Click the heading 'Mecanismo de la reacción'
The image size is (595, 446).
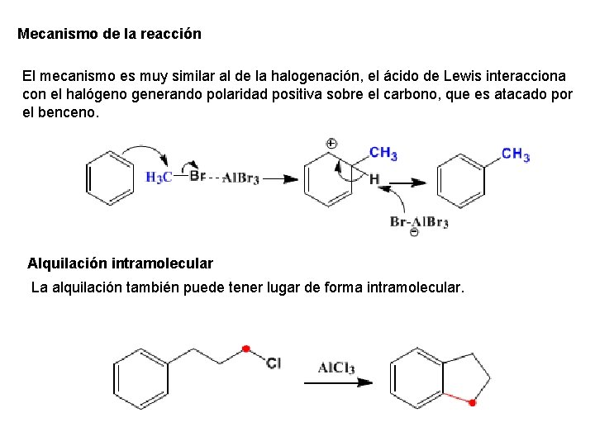109,35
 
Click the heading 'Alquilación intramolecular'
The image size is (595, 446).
120,263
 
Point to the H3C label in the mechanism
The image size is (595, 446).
159,177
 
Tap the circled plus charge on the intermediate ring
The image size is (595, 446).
331,144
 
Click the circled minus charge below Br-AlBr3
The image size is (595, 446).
414,234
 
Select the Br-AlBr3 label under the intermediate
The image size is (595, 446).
419,221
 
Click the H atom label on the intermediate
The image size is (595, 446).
374,178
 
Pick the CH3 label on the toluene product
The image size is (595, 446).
516,154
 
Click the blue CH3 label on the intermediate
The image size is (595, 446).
383,153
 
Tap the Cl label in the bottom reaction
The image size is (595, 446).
274,363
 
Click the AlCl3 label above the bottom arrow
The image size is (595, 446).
336,368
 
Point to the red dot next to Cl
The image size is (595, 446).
245,349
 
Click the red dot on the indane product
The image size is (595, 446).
472,403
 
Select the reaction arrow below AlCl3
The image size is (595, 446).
338,382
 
